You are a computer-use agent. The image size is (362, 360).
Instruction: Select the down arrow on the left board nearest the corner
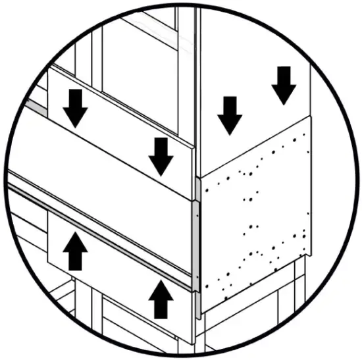[160, 155]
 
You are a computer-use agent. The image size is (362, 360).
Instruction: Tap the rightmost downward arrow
[284, 85]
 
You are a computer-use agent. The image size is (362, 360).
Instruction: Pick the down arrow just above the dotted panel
[230, 115]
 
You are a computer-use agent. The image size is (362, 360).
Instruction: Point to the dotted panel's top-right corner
[309, 120]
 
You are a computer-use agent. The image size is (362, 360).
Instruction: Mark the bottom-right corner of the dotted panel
[309, 257]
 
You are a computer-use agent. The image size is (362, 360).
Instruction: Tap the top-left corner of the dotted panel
[199, 176]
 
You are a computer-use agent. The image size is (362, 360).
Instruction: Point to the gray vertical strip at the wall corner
[195, 244]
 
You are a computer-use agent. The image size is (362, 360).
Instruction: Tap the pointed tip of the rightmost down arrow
[284, 103]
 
